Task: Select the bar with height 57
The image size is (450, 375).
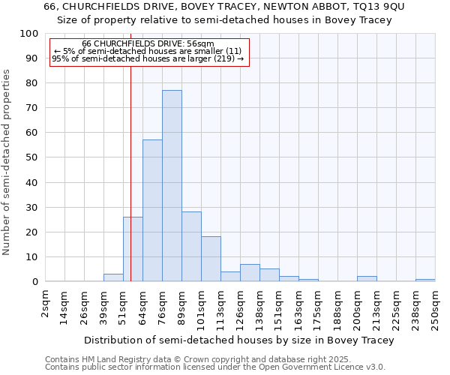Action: click(x=152, y=211)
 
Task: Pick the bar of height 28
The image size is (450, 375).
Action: click(x=191, y=247)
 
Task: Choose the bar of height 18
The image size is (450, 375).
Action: click(x=211, y=259)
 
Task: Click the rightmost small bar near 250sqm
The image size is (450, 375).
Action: click(x=425, y=280)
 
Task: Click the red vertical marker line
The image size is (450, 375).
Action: click(x=130, y=150)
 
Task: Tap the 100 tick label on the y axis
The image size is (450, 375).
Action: click(x=29, y=34)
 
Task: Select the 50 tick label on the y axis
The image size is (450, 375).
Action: click(x=32, y=157)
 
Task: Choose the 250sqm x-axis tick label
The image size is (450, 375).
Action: click(x=435, y=308)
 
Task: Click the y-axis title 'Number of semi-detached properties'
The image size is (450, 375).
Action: click(x=7, y=162)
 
